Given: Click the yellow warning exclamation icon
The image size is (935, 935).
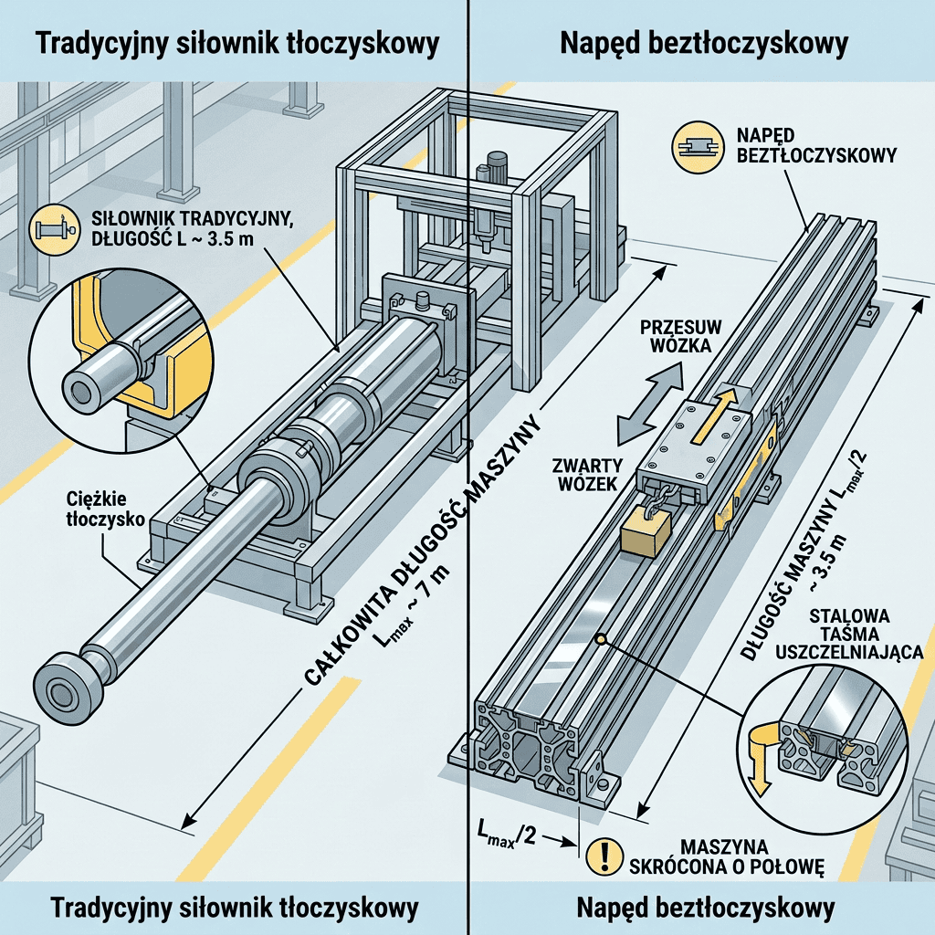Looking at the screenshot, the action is [x=605, y=856].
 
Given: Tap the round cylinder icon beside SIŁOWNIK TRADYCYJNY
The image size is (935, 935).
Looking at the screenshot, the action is [x=54, y=230].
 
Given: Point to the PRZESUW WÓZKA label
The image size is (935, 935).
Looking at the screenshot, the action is [x=681, y=336].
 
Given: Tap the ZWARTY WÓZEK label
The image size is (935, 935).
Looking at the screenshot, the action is [x=587, y=474].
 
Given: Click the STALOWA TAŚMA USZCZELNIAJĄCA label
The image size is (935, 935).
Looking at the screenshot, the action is [x=850, y=634].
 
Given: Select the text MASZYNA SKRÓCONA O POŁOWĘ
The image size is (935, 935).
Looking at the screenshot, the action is [x=726, y=856].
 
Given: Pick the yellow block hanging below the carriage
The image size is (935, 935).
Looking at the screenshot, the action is [x=646, y=533].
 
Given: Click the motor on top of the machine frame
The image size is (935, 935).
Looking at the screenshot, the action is [x=496, y=166].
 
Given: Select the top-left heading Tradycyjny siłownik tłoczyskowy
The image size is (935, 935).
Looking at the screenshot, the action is [x=237, y=44].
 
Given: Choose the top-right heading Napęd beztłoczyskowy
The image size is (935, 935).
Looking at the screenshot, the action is [x=704, y=44].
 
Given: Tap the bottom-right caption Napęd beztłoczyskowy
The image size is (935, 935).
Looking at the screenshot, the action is [x=706, y=909].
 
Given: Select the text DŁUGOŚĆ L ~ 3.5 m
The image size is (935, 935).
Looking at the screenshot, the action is [x=173, y=239].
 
